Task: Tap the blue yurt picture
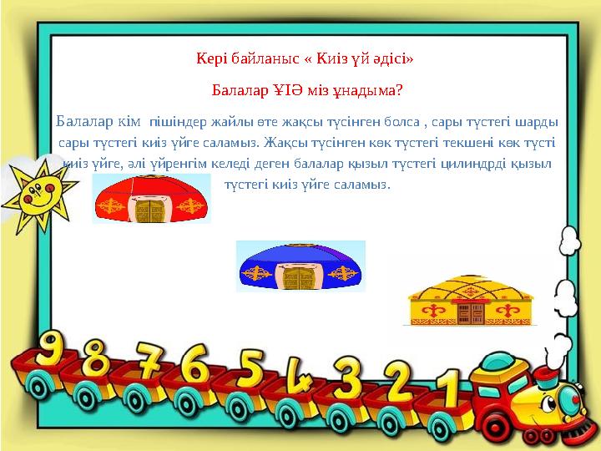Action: (x=300, y=266)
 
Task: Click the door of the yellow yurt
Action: (x=471, y=312)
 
